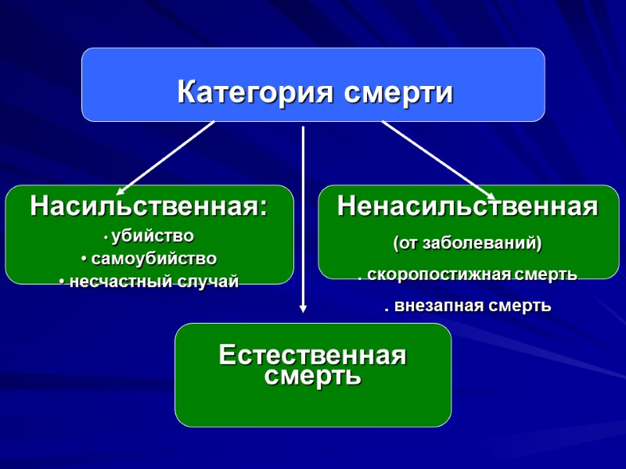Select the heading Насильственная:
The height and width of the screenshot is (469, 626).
point(149,207)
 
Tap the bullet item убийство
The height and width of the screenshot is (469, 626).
point(153,235)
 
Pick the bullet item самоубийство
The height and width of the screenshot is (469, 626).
point(153,258)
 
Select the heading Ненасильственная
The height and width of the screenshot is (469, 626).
point(468,207)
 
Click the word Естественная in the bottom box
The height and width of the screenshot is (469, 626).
point(313,356)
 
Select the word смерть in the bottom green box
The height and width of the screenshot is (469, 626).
point(313,376)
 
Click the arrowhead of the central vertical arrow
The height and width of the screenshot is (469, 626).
point(303,309)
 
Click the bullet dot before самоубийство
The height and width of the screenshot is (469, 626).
point(85,259)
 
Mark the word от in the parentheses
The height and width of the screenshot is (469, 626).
point(409,243)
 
